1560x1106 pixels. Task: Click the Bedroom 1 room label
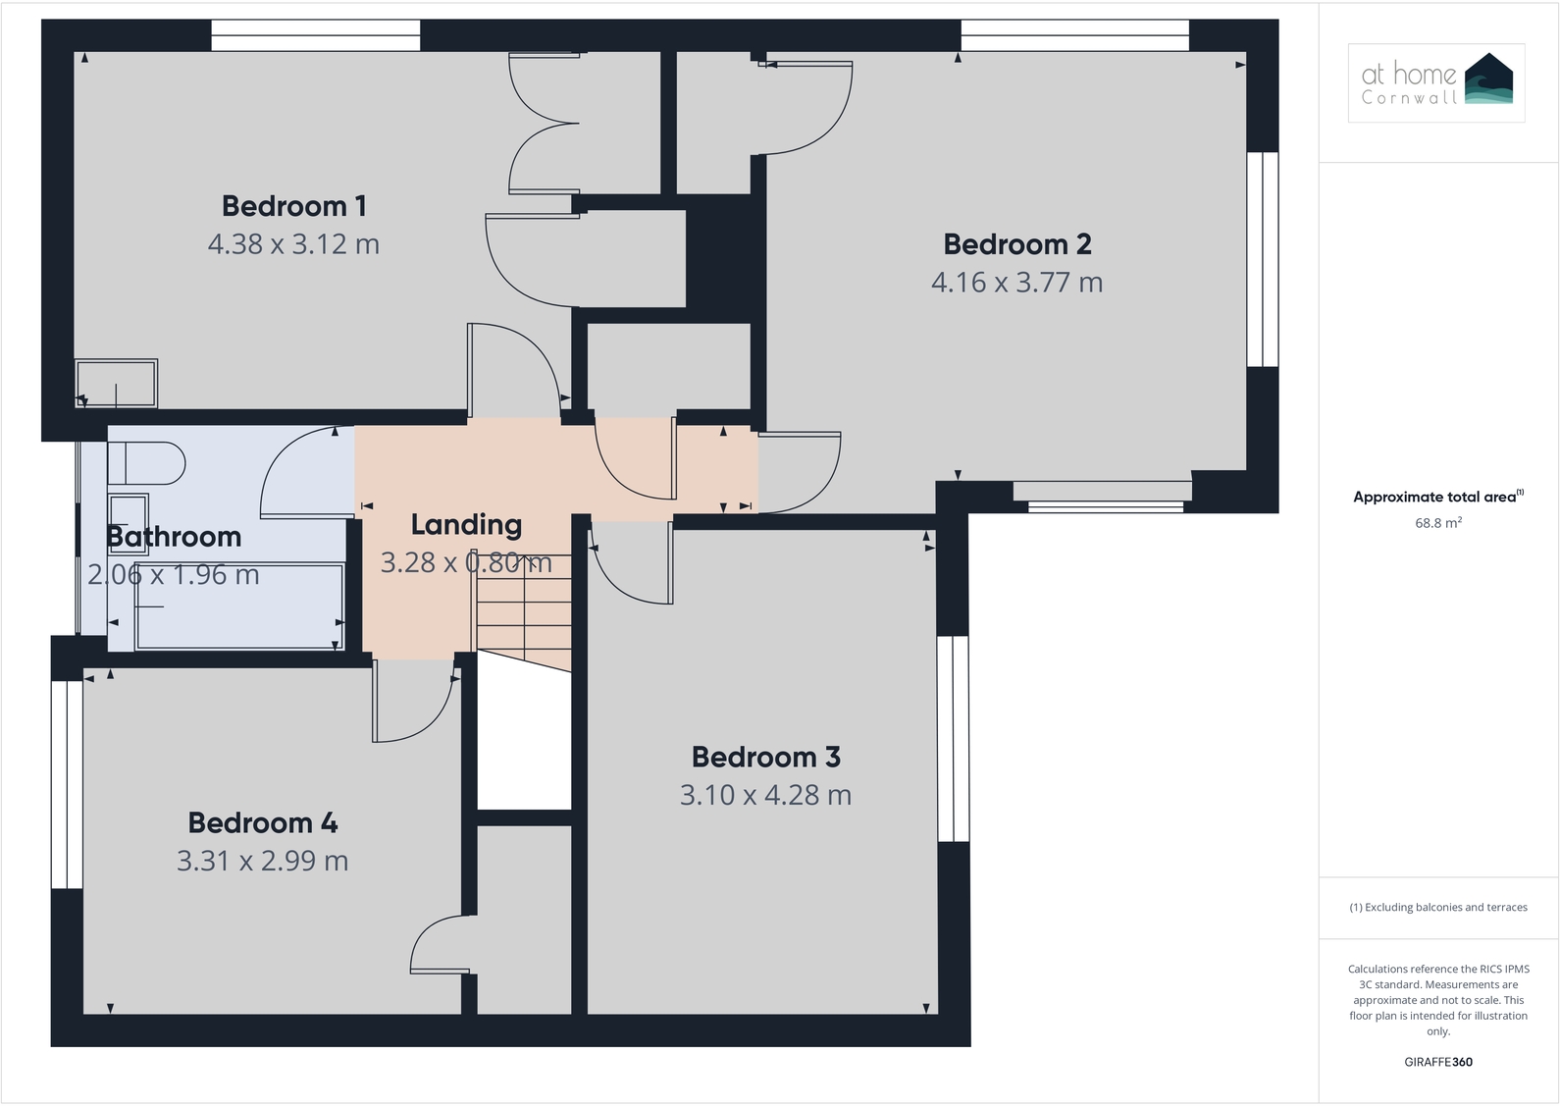(x=293, y=206)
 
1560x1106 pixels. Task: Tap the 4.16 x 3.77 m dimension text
(x=1016, y=283)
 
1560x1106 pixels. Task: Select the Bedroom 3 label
(x=765, y=757)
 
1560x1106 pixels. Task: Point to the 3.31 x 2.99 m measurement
(x=262, y=861)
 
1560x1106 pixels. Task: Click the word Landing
(x=466, y=525)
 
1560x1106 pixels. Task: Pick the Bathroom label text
(x=174, y=537)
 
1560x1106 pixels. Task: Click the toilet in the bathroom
(x=146, y=463)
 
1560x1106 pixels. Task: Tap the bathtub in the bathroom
(x=240, y=606)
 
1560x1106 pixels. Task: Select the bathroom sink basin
(x=129, y=512)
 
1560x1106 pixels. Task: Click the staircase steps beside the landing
(x=524, y=618)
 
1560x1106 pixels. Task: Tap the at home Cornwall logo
(x=1436, y=82)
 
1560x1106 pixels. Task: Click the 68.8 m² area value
(x=1437, y=523)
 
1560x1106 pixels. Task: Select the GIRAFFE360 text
(x=1437, y=1062)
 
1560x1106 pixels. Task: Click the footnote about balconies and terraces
(x=1437, y=907)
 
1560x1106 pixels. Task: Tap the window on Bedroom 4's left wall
(x=67, y=784)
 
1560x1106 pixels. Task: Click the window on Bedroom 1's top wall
(x=316, y=35)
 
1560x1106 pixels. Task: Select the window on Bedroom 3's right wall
(x=953, y=738)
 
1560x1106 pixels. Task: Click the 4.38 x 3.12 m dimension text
(x=293, y=244)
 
